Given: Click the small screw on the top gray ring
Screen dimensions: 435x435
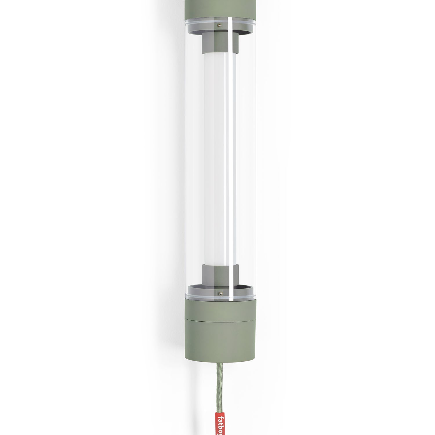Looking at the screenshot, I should [220, 26].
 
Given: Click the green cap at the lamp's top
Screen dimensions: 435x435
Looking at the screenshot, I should [220, 9].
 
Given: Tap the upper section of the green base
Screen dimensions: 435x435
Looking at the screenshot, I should [220, 310].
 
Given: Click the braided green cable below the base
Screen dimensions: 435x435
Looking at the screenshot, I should [220, 383].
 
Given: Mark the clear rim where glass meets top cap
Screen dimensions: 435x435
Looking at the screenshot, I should [220, 21].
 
